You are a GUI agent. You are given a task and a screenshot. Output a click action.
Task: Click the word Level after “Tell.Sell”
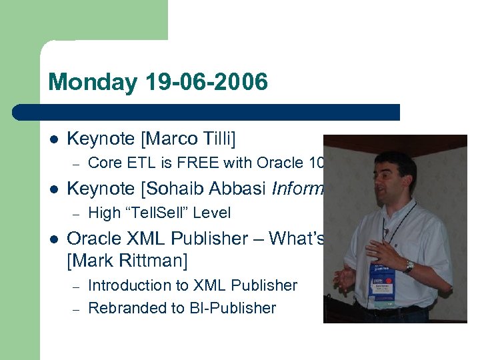211,213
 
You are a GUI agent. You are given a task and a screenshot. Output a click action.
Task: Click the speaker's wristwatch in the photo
408,266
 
